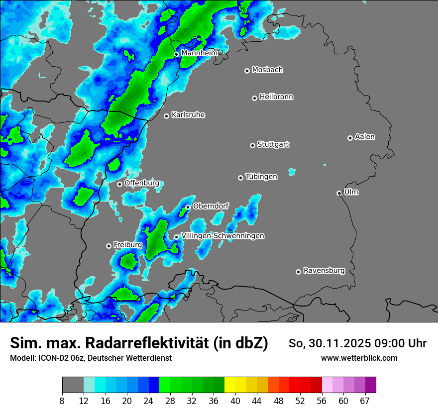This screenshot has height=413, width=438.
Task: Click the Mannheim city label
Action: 199,53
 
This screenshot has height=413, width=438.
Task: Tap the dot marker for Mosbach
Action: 247,71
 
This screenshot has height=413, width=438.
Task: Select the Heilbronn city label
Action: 276,97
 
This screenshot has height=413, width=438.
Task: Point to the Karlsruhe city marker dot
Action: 167,116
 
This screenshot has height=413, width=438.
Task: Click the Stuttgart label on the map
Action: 273,144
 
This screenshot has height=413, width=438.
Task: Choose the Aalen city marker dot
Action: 350,138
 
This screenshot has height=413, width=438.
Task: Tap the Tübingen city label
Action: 261,177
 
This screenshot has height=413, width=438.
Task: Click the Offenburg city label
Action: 141,183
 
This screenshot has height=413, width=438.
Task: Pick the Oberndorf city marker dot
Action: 188,207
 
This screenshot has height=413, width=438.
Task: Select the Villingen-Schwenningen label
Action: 222,236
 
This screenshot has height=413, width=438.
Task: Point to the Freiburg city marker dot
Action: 109,246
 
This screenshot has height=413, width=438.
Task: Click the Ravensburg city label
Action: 324,271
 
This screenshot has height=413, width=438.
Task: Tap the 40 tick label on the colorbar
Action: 235,401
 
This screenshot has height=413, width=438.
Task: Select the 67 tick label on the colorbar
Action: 364,401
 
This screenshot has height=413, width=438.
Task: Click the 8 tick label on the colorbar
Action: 62,401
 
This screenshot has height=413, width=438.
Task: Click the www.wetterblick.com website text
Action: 359,358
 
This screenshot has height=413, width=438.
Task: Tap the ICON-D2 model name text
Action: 50,358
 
